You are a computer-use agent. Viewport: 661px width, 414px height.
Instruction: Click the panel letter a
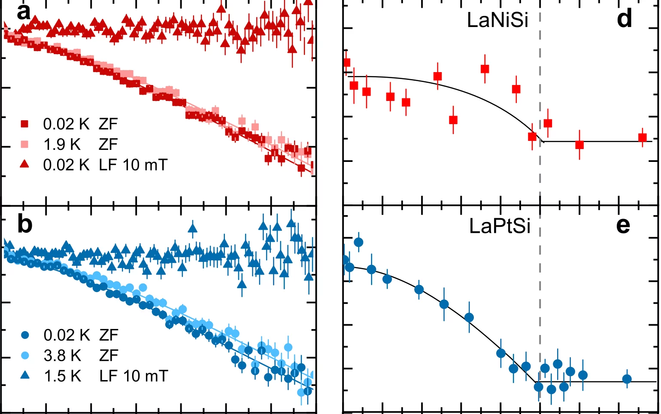(24, 12)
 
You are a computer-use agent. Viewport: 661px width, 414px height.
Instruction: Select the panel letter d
(625, 19)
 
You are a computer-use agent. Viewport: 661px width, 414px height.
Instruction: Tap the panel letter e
(623, 225)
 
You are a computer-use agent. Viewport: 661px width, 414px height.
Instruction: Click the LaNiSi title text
(497, 20)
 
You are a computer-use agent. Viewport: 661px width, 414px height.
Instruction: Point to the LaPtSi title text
(500, 226)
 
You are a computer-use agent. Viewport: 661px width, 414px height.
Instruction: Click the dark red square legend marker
(25, 124)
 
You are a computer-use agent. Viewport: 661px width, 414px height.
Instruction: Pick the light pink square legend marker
(25, 145)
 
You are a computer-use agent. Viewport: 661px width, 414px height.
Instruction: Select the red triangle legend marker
(25, 164)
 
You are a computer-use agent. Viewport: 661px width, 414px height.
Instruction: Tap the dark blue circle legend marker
(25, 335)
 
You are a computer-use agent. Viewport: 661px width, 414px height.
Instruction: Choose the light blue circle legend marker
(25, 356)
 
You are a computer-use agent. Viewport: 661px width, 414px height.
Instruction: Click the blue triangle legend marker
(25, 376)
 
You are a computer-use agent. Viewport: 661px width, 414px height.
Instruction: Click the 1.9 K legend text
(62, 145)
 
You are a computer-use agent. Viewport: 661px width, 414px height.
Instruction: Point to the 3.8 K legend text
(63, 356)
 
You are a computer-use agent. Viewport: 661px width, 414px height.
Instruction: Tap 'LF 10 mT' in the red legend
(133, 165)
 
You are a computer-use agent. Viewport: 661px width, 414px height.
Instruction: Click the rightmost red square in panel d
(643, 138)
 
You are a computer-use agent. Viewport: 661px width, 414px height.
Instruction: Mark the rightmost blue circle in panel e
(627, 379)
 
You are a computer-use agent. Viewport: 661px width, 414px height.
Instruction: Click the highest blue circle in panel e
(358, 242)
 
